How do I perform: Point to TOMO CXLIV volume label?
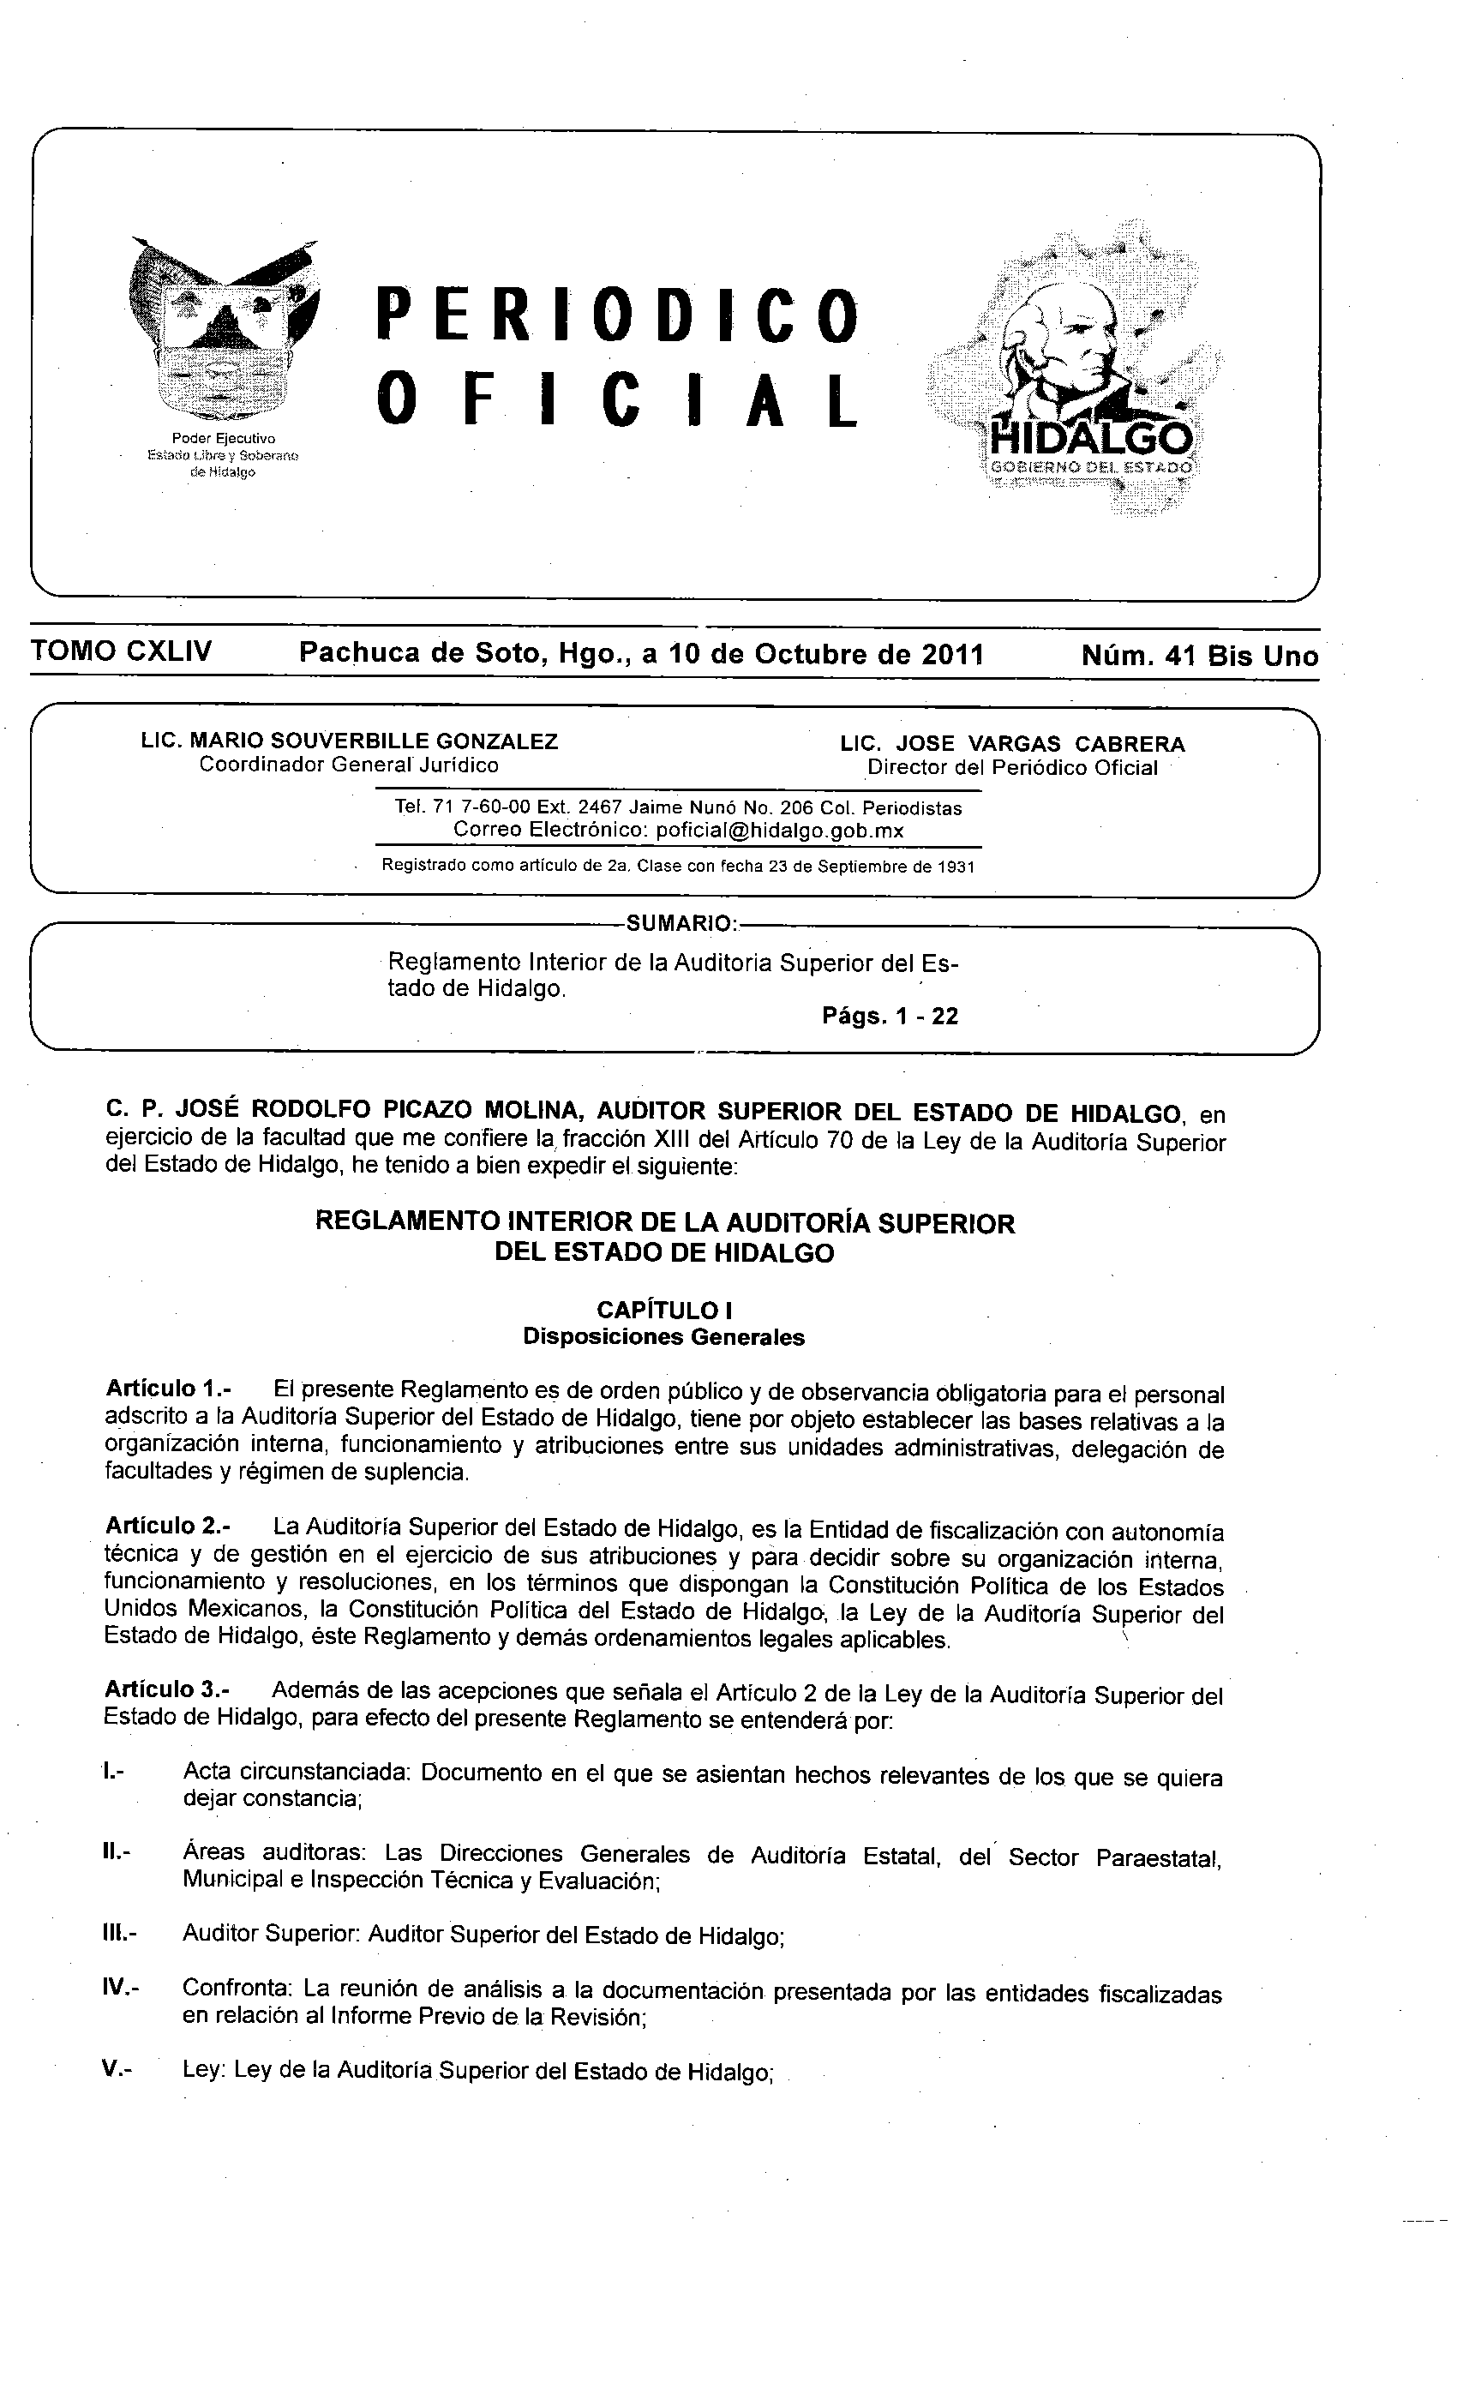[x=122, y=651]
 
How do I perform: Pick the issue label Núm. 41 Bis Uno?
[x=1199, y=657]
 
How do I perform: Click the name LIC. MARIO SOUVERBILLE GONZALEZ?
[x=350, y=741]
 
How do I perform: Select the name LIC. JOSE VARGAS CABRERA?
[x=1013, y=744]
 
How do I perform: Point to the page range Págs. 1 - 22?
[x=890, y=1016]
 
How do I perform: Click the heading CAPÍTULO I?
[x=664, y=1310]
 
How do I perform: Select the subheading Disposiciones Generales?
[x=664, y=1336]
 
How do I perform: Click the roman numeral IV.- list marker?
[x=121, y=1989]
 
